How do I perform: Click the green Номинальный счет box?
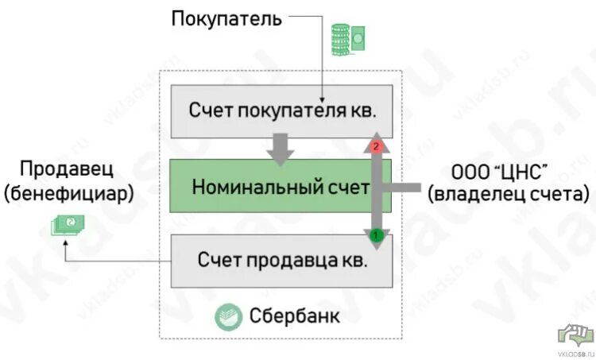pos(270,188)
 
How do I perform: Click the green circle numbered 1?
pos(378,235)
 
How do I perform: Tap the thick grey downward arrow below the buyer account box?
pos(281,149)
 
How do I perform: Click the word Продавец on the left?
pos(68,170)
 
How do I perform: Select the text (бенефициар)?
pos(68,193)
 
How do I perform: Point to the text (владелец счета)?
pos(508,194)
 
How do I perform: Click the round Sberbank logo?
pos(229,316)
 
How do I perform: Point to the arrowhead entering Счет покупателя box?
pos(323,94)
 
